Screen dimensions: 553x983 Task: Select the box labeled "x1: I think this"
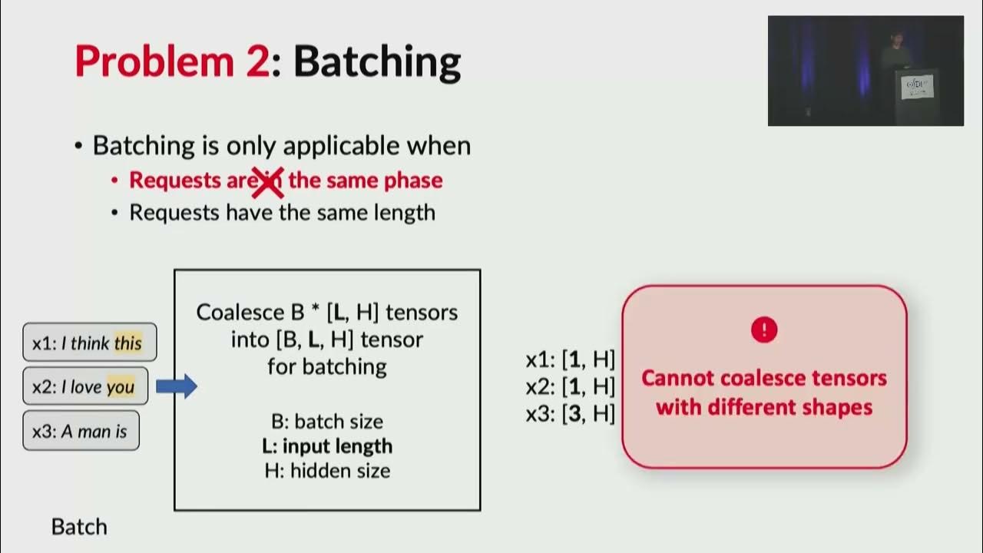click(x=90, y=343)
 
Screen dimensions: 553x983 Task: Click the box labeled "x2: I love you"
click(x=85, y=387)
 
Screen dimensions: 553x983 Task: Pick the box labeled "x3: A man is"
click(x=81, y=432)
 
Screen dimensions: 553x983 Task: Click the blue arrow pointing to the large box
click(x=176, y=386)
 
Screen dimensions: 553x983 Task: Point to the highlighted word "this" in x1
click(x=127, y=343)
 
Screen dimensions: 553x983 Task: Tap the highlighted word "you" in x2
click(x=120, y=388)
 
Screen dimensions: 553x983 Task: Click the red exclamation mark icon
click(x=764, y=330)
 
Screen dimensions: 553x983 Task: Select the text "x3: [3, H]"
click(x=571, y=414)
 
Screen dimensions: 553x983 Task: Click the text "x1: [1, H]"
click(x=571, y=359)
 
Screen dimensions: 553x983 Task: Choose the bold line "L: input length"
click(x=327, y=446)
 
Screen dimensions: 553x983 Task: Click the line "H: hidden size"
click(x=327, y=471)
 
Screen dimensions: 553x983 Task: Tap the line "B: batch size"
click(x=327, y=422)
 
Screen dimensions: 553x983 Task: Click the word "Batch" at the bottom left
click(x=79, y=527)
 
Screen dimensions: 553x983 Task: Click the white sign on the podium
click(x=917, y=86)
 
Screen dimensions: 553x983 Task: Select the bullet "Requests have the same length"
click(x=282, y=213)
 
